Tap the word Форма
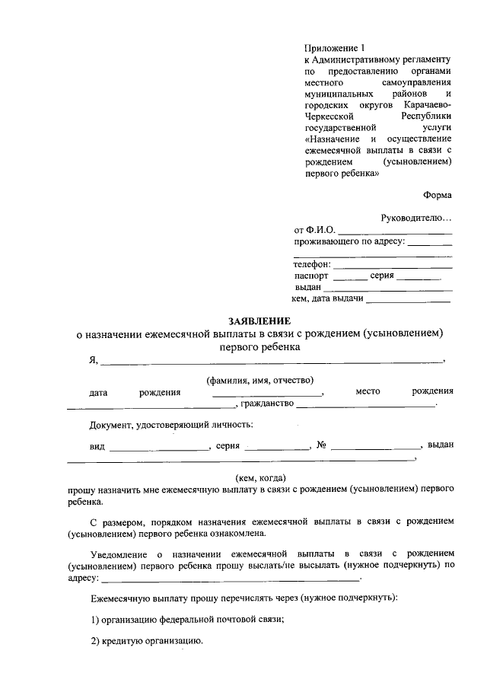tap(438, 193)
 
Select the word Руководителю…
tap(416, 218)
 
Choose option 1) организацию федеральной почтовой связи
tap(187, 619)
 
